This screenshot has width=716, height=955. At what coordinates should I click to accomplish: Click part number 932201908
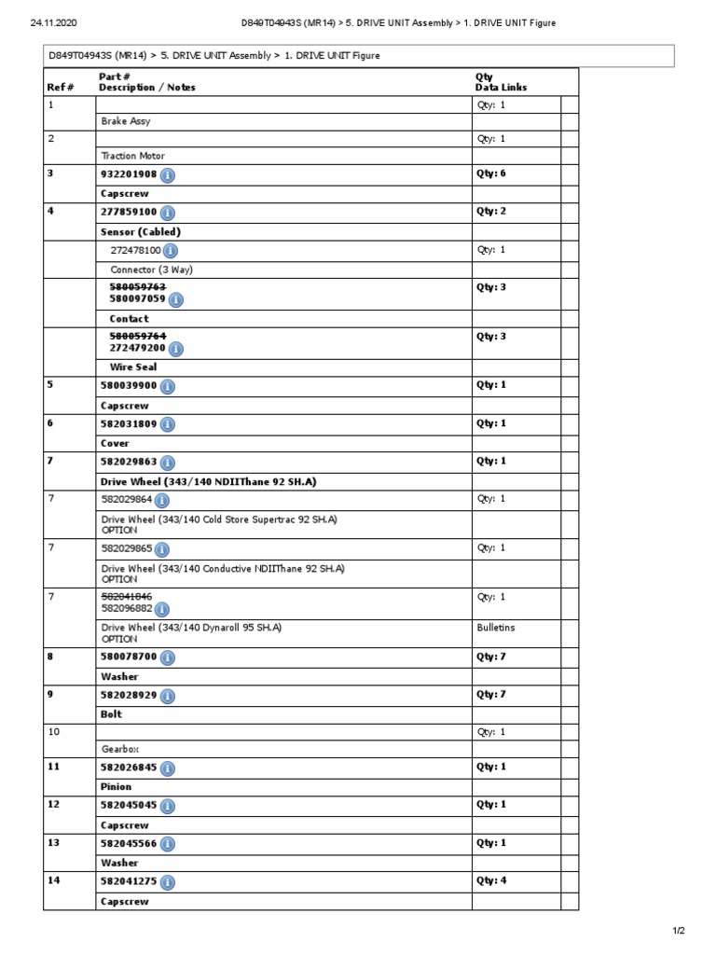pyautogui.click(x=129, y=174)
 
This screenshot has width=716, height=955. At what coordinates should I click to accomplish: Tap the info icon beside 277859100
pyautogui.click(x=168, y=213)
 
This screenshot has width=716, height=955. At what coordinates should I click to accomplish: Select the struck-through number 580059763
pyautogui.click(x=138, y=287)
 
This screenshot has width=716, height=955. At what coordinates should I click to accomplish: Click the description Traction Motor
pyautogui.click(x=133, y=156)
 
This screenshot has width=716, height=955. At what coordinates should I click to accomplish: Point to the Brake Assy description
pyautogui.click(x=126, y=121)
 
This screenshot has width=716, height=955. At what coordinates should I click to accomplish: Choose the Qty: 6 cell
pyautogui.click(x=491, y=174)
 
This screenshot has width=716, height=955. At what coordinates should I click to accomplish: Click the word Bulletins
pyautogui.click(x=496, y=628)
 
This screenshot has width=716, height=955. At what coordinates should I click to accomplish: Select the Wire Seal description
pyautogui.click(x=133, y=367)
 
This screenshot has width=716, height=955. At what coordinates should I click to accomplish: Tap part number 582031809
pyautogui.click(x=129, y=423)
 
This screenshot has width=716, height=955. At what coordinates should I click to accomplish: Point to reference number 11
pyautogui.click(x=53, y=767)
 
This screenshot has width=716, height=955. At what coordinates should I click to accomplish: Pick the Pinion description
pyautogui.click(x=117, y=786)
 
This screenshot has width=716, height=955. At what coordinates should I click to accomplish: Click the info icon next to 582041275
pyautogui.click(x=168, y=881)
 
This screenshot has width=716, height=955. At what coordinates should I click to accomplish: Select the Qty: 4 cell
pyautogui.click(x=491, y=880)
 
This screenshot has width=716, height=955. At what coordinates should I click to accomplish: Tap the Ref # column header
pyautogui.click(x=60, y=88)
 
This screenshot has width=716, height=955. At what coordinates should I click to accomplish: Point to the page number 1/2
pyautogui.click(x=679, y=931)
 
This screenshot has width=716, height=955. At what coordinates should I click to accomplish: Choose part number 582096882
pyautogui.click(x=129, y=608)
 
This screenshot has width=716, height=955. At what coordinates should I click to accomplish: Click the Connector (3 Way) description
pyautogui.click(x=152, y=270)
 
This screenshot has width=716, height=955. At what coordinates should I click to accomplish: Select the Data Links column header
pyautogui.click(x=501, y=88)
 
